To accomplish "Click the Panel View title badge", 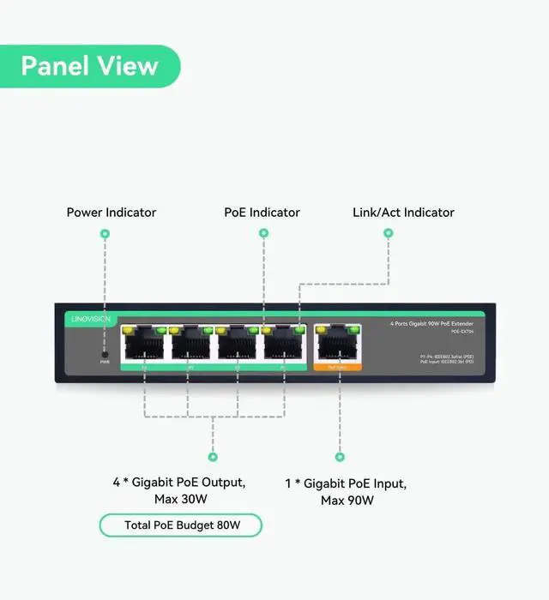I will (90, 66).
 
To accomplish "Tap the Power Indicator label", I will (112, 213).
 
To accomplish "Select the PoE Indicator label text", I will (262, 213).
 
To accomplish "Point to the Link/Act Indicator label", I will (404, 213).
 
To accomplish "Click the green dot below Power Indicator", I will (105, 233).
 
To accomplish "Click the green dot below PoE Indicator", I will (263, 233).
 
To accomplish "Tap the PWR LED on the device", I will (105, 353).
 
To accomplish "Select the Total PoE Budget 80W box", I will (181, 525).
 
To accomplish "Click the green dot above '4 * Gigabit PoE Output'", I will (213, 457).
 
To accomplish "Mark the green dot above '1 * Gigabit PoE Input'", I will (340, 457).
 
